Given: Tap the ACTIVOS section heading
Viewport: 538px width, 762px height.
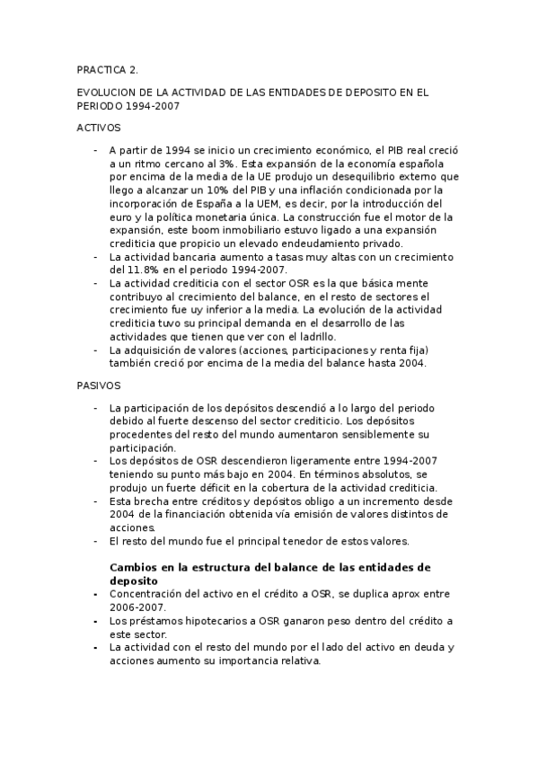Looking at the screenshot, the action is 98,128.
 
